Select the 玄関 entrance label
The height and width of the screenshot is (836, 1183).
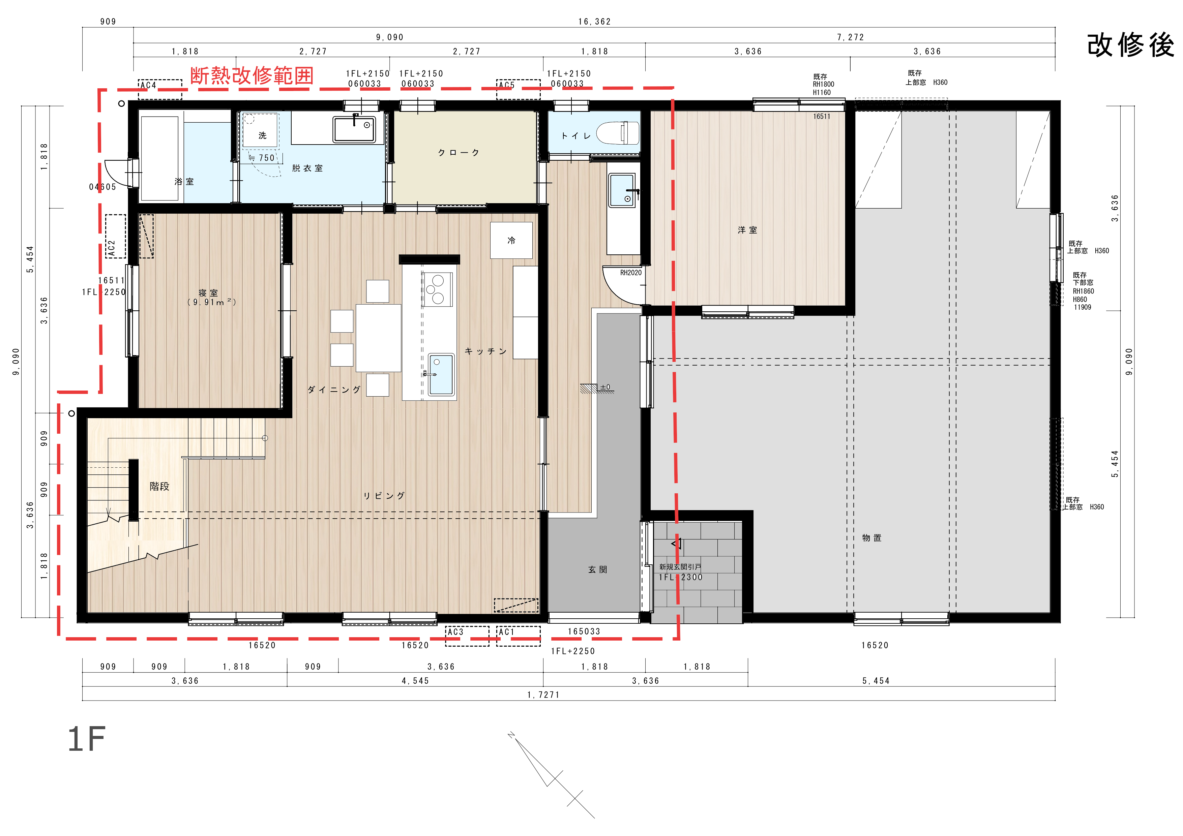[598, 569]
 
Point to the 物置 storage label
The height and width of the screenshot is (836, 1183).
[872, 538]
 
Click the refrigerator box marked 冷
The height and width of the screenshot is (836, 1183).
[511, 240]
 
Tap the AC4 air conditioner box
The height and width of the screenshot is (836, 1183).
[160, 89]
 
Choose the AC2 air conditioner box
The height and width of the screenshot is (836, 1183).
[115, 236]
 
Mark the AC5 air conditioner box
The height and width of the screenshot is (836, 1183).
[518, 89]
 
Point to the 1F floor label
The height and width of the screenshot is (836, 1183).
[87, 739]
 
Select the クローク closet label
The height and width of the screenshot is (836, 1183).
[459, 152]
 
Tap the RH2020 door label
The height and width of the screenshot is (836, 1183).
[631, 273]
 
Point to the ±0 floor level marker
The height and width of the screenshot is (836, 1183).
[605, 388]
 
